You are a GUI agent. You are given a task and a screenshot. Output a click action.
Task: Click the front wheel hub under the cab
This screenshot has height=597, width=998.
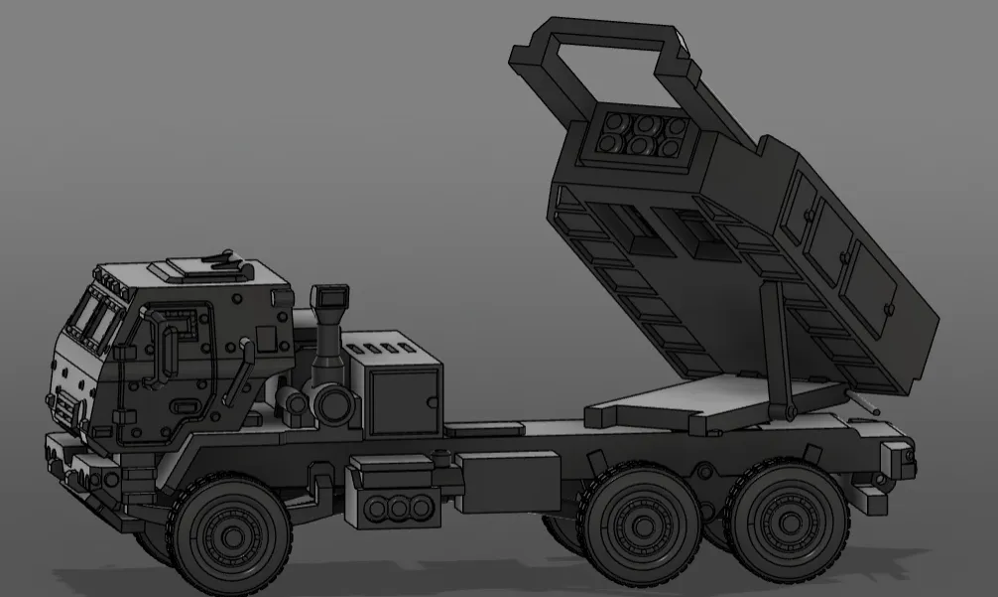[x=232, y=537]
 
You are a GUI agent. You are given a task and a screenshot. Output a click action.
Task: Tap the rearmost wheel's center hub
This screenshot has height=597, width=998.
[x=789, y=522]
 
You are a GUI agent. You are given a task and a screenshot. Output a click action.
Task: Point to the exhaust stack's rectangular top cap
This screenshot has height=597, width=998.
[x=328, y=297]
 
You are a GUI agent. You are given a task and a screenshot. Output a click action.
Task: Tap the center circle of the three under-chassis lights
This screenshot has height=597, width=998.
[x=400, y=508]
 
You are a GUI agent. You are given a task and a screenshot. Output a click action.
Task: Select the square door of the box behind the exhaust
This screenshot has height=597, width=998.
[x=403, y=399]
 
